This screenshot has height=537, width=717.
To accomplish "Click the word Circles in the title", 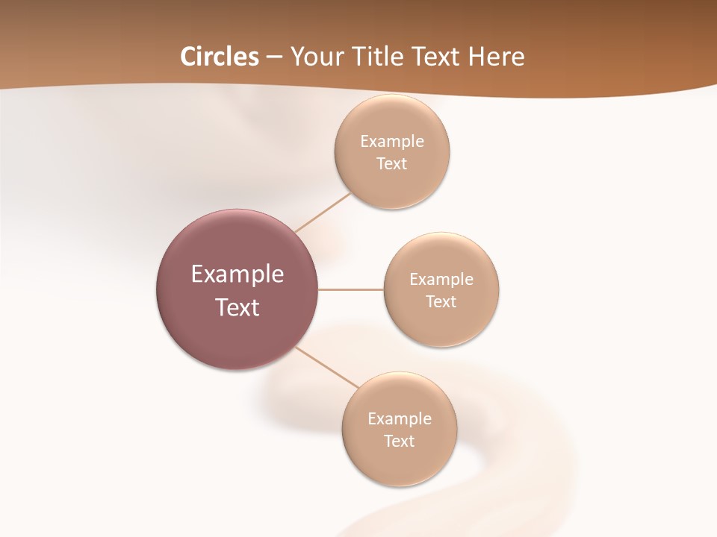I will [220, 57].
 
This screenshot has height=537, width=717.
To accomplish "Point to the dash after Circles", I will [274, 57].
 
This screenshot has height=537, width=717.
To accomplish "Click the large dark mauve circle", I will [238, 336].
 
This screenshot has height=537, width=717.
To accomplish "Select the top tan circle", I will [392, 186].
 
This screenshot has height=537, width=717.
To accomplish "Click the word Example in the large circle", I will [238, 274].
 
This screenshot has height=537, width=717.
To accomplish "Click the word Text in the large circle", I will [238, 307].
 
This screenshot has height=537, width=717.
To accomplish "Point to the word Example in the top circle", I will [392, 141].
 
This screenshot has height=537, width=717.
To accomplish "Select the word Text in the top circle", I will [392, 163].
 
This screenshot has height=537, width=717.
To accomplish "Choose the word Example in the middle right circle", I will [441, 279].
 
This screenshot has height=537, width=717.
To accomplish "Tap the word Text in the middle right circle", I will [441, 301].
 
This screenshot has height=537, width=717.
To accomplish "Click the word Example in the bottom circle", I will [400, 418].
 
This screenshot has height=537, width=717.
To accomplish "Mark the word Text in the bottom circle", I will [400, 441].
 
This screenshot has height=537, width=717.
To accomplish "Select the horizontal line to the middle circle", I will [351, 289].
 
